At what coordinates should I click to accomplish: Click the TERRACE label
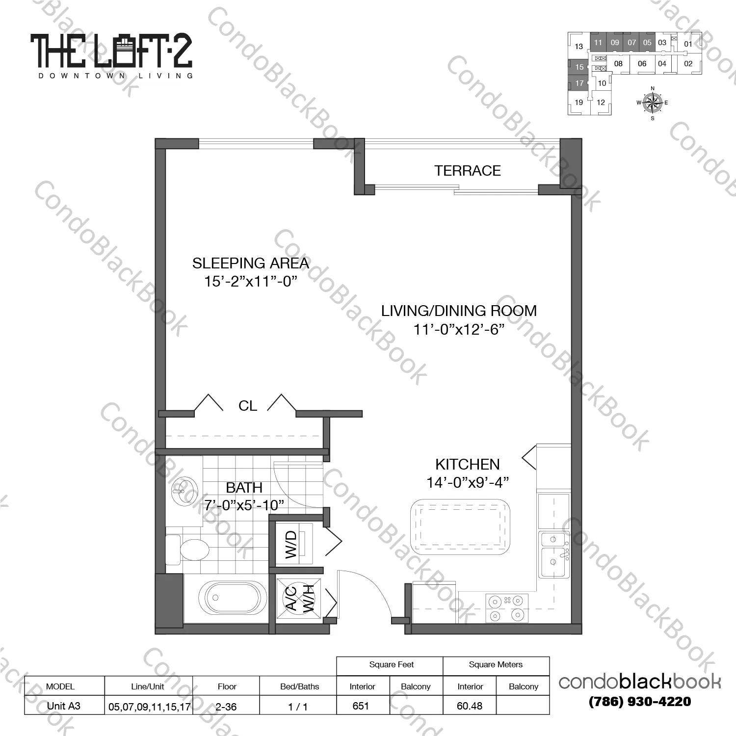click(467, 171)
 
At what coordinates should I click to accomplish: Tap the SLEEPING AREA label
click(250, 263)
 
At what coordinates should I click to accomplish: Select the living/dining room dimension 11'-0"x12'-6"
click(459, 329)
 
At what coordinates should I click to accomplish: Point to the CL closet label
click(247, 406)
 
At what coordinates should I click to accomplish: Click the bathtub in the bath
click(233, 598)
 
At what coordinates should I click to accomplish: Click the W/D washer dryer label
click(291, 544)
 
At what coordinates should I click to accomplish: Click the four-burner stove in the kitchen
click(506, 608)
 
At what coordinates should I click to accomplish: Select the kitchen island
click(460, 527)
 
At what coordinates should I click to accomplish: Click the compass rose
click(652, 103)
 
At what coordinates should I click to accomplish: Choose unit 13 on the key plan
click(579, 47)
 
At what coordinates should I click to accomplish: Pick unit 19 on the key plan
click(579, 103)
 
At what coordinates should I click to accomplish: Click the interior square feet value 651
click(361, 706)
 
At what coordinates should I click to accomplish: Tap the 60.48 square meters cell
click(470, 706)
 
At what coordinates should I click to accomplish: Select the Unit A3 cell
click(64, 706)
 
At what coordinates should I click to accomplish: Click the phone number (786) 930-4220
click(640, 702)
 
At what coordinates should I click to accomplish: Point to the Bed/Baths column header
click(299, 686)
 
